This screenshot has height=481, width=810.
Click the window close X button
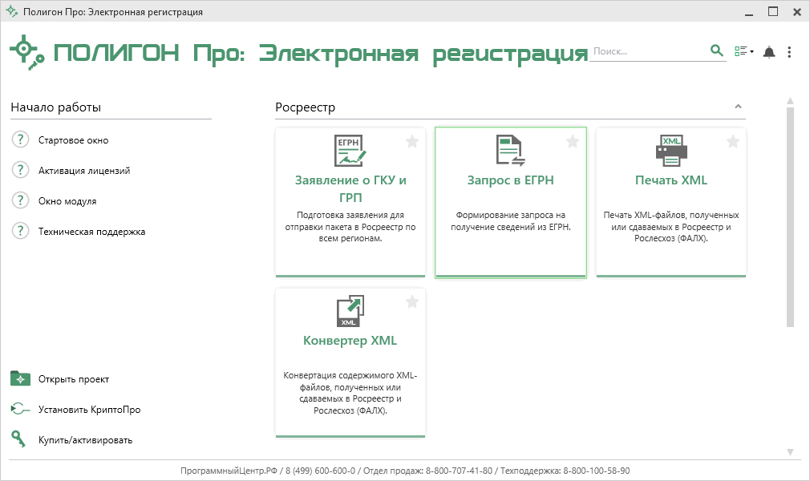796,12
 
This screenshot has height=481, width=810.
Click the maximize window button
773,11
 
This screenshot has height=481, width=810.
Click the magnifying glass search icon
716,51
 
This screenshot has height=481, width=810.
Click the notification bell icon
769,51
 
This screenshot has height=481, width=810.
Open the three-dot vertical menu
789,51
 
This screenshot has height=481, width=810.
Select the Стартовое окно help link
73,140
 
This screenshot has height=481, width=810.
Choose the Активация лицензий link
84,171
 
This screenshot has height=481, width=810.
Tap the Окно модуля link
67,201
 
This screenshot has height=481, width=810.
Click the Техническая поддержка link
91,232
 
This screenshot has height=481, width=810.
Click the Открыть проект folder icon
21,378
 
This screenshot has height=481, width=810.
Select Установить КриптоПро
89,409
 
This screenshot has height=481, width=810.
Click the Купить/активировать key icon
18,439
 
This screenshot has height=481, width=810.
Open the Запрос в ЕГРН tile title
510,180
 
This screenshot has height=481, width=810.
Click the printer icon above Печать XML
671,151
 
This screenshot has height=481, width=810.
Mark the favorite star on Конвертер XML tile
411,301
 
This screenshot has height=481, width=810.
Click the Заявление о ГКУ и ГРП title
350,188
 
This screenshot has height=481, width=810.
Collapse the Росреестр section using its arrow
738,107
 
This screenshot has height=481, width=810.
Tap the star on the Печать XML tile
732,142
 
